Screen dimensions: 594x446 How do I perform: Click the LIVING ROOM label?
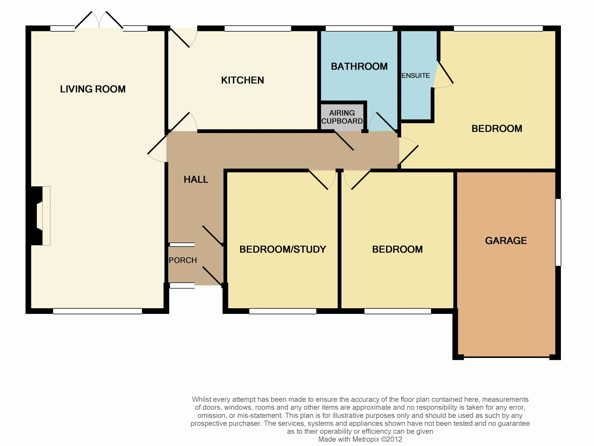[93, 89]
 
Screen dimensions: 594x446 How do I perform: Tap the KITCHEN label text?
[243, 80]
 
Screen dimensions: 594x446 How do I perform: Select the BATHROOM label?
[359, 66]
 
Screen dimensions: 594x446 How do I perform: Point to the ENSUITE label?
[416, 76]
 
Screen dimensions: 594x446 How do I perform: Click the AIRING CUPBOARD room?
[342, 117]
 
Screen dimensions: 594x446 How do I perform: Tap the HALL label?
[196, 179]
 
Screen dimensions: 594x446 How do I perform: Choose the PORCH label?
[183, 260]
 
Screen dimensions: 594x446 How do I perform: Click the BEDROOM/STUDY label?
[283, 249]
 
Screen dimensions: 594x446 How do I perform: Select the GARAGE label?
[506, 240]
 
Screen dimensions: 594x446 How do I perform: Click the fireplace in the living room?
[40, 216]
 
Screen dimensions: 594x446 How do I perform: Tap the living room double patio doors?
[99, 20]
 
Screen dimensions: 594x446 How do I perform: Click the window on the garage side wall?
[558, 232]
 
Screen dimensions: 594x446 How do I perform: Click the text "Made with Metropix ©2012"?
[360, 439]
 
